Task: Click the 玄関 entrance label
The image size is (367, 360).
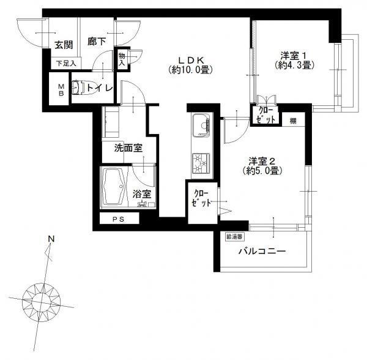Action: (x=64, y=45)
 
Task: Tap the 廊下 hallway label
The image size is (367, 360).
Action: (x=97, y=42)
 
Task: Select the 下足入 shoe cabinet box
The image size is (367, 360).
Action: (x=66, y=63)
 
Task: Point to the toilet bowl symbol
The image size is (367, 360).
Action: (x=78, y=88)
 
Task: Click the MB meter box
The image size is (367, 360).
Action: (x=59, y=89)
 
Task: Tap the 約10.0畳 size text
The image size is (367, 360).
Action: (x=191, y=70)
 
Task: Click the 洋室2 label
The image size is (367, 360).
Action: (x=261, y=162)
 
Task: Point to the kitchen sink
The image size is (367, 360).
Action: (x=202, y=126)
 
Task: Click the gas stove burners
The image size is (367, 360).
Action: (x=201, y=163)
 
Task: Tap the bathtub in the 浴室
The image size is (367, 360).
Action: (x=114, y=187)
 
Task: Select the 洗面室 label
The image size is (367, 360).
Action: (x=128, y=148)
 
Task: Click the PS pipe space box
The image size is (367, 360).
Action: (x=119, y=219)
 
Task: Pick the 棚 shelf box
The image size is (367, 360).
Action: (x=294, y=120)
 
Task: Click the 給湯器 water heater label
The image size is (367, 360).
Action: (x=234, y=237)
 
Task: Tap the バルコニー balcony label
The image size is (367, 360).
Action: (x=262, y=252)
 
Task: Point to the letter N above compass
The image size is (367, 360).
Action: (x=51, y=239)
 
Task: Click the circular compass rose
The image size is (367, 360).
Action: (x=42, y=301)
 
